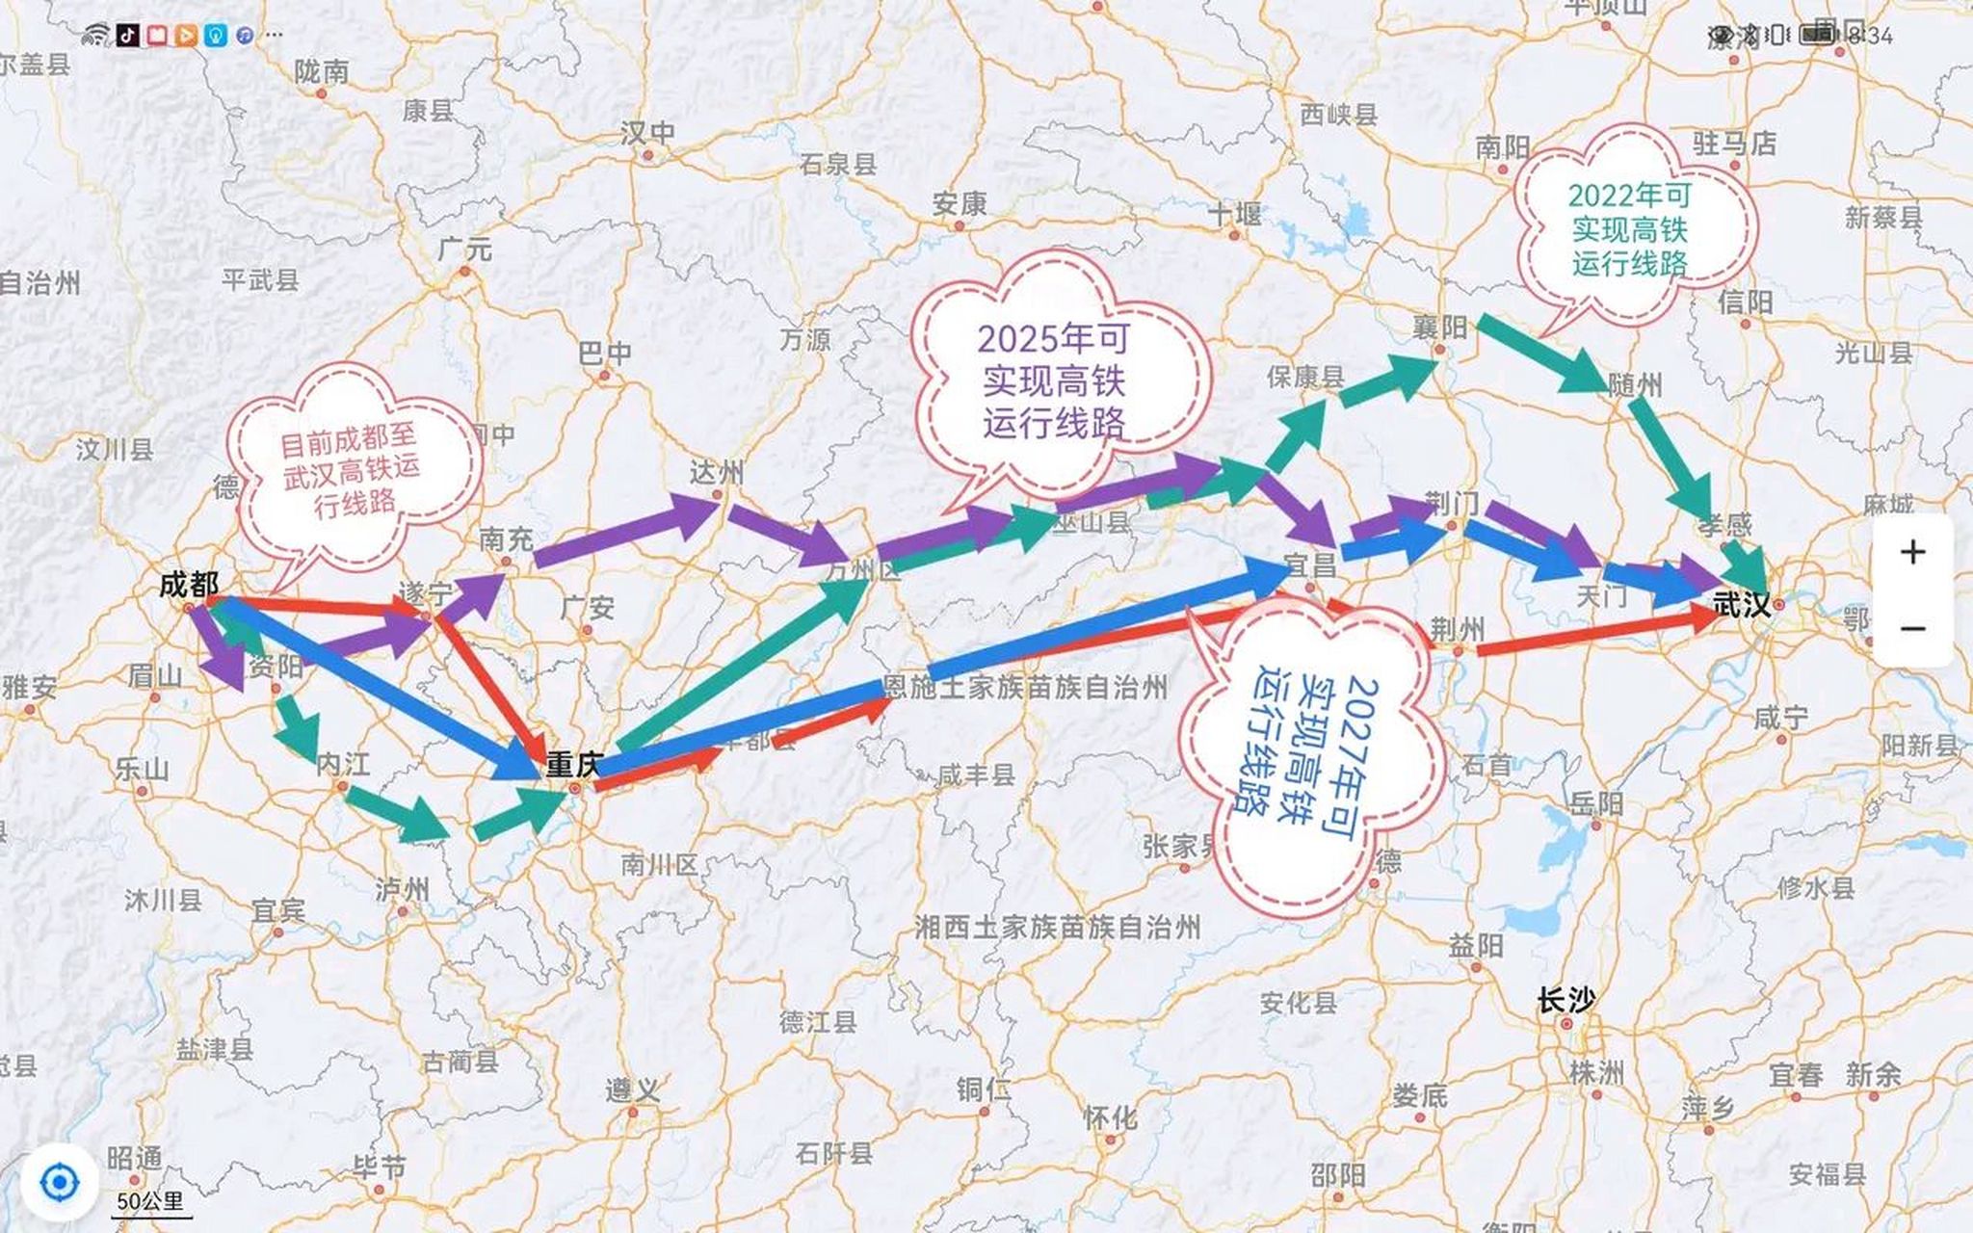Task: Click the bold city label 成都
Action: pyautogui.click(x=189, y=585)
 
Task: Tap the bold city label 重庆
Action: pyautogui.click(x=573, y=765)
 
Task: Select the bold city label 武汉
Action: pyautogui.click(x=1742, y=605)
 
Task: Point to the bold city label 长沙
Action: pyautogui.click(x=1565, y=1001)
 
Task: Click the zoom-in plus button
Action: pyautogui.click(x=1912, y=552)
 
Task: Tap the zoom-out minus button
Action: pyautogui.click(x=1912, y=629)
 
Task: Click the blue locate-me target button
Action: pyautogui.click(x=59, y=1182)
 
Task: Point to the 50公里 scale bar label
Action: pyautogui.click(x=150, y=1202)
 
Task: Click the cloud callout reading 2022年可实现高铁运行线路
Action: pyautogui.click(x=1629, y=229)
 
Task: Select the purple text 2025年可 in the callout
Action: pyautogui.click(x=1053, y=339)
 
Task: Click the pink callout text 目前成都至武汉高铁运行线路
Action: pyautogui.click(x=352, y=472)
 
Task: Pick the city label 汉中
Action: pyautogui.click(x=647, y=133)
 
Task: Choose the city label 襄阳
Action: pyautogui.click(x=1439, y=328)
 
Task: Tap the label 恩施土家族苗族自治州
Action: pyautogui.click(x=1025, y=688)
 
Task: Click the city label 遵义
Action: pyautogui.click(x=633, y=1090)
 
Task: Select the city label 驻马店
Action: pyautogui.click(x=1734, y=144)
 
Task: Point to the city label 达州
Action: pyautogui.click(x=717, y=473)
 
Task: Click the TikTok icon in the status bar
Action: pyautogui.click(x=127, y=36)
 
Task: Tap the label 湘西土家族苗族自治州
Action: pyautogui.click(x=1057, y=928)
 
